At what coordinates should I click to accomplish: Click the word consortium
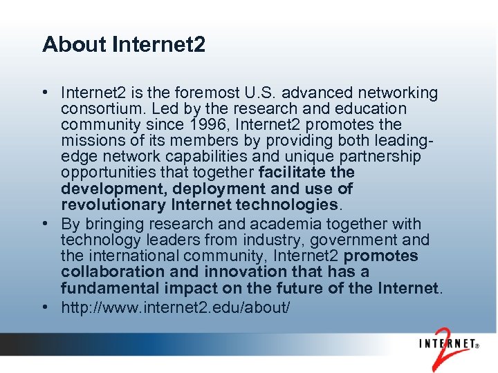click(97, 108)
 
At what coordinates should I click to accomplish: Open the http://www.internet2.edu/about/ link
click(176, 307)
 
